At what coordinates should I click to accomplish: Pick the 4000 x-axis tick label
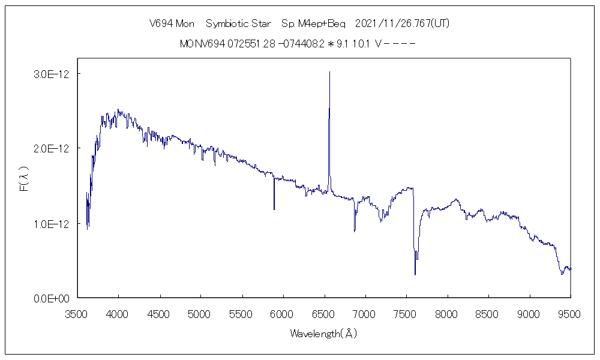click(x=118, y=313)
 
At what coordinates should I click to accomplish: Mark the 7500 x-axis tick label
click(x=406, y=313)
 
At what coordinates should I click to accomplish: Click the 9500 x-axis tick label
click(x=570, y=313)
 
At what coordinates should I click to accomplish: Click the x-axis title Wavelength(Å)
click(x=323, y=333)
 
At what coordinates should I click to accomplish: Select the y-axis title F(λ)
click(x=24, y=179)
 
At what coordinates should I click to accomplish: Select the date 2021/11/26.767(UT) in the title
click(x=402, y=24)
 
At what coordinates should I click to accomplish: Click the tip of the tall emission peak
click(x=329, y=72)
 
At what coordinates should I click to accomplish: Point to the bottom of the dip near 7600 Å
click(x=415, y=275)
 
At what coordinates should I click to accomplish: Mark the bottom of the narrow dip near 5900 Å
click(x=274, y=209)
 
